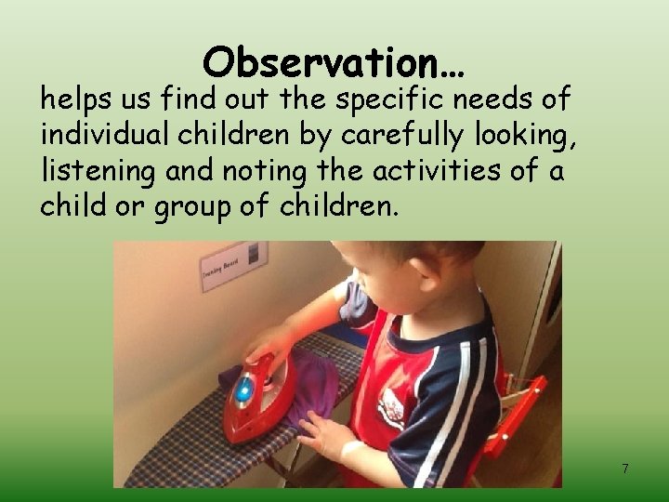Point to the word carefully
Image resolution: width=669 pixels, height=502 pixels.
point(408,136)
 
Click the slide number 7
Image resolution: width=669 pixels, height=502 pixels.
point(624,469)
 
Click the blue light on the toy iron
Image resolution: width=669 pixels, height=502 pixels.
point(243,391)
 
